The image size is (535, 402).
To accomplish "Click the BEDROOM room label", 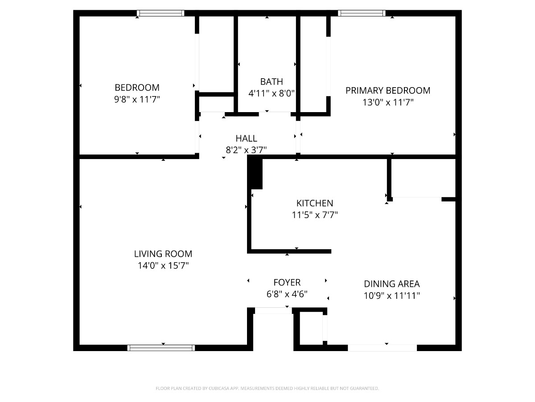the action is pos(137,88).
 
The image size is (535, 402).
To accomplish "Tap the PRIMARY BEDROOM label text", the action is pos(388,91).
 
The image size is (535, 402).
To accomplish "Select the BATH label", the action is pos(272,82).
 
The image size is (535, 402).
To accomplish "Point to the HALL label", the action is pos(246,138).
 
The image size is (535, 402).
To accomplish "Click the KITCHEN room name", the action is pos(315,203).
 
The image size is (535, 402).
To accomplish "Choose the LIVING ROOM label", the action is pos(163,254).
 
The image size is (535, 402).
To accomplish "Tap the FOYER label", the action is pos(287,282).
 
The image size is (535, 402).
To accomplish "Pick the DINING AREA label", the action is pos(392,284).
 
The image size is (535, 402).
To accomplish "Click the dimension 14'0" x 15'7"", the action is pos(163,265).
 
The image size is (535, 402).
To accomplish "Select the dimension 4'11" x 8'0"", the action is pos(272,93).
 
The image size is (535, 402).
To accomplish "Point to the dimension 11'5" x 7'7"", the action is pos(315,215).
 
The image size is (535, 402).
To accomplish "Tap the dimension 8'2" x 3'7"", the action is pos(246,150).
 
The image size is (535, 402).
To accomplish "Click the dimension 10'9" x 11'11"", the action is pos(392,296).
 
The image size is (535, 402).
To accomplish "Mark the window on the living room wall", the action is pos(161,348).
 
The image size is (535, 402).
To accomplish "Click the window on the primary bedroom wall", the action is pos(362,13).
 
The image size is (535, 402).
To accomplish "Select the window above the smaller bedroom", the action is pos(160,13).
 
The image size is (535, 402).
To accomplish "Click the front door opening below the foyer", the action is pos(273,311).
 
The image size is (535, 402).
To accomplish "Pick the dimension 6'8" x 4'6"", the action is pos(287,294).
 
